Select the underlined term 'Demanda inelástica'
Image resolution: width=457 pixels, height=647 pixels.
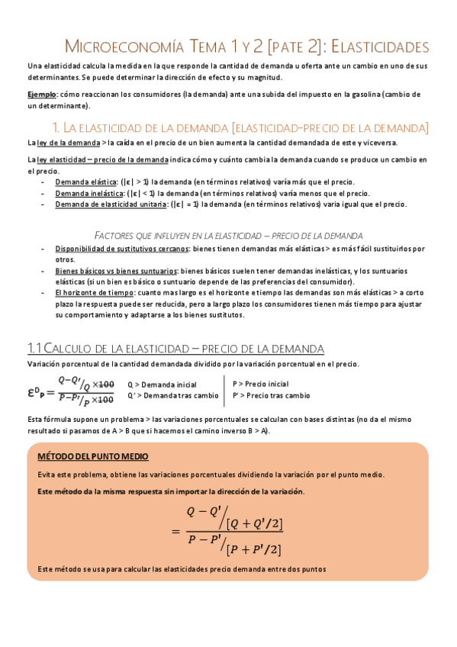pyautogui.click(x=85, y=194)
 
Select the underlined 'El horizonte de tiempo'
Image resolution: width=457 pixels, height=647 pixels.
pyautogui.click(x=87, y=292)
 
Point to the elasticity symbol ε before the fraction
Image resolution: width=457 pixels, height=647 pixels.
pyautogui.click(x=31, y=391)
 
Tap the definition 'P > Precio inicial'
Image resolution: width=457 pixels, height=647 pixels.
pyautogui.click(x=260, y=385)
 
